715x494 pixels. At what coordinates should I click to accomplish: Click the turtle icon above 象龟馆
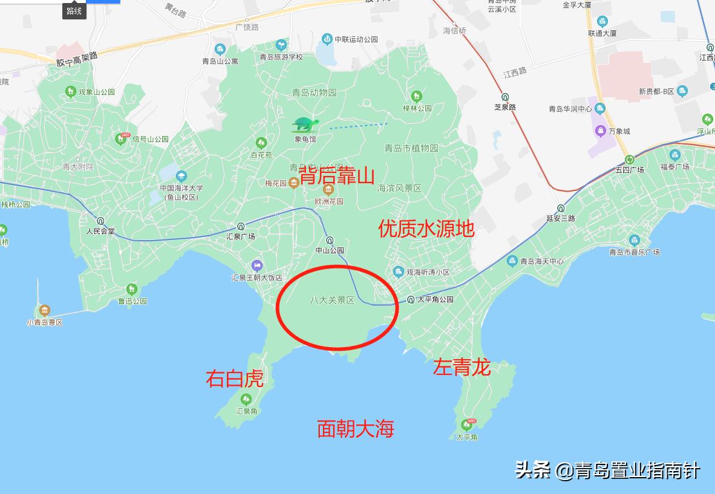coord(305,125)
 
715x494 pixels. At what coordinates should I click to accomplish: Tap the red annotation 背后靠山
coord(337,176)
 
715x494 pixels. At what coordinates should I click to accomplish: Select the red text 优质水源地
coord(426,229)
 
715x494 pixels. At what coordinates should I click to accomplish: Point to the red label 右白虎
coord(235,379)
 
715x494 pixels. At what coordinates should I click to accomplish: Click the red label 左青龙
coord(461,367)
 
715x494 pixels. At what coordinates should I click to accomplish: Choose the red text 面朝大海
coord(356,429)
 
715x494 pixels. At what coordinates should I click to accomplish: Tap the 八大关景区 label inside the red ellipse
coord(332,300)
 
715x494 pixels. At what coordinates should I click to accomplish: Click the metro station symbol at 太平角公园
coord(411,299)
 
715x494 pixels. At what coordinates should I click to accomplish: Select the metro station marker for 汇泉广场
coord(241,226)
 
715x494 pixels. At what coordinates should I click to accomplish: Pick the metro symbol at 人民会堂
coord(100,221)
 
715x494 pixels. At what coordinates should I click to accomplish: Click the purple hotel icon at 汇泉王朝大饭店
coord(256,265)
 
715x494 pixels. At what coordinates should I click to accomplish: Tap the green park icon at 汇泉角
coord(246,399)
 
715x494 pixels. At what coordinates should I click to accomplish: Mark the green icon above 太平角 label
coord(467,424)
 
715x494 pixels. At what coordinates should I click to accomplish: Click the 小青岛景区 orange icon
coord(44,311)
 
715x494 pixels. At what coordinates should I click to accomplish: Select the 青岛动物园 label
coord(314,93)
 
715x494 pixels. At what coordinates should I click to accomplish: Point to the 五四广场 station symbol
coord(630,160)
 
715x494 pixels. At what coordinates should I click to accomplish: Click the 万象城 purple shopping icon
coord(600,131)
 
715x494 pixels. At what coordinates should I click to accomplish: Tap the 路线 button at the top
coord(74,10)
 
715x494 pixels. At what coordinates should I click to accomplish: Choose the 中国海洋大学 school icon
coord(181,176)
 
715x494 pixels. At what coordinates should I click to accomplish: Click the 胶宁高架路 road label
coord(77,59)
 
